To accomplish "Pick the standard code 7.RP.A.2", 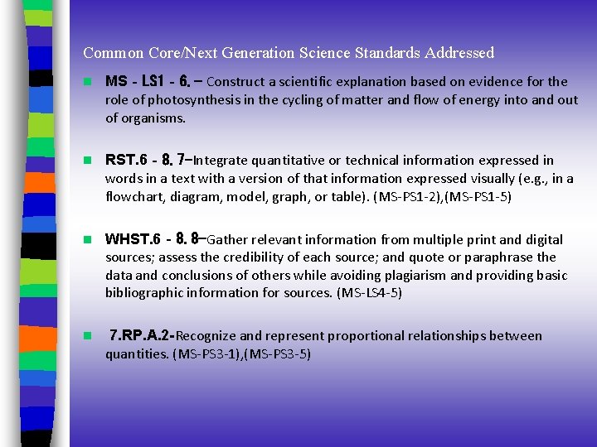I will [142, 336].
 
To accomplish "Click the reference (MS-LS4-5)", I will [369, 292].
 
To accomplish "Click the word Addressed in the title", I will [459, 53].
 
